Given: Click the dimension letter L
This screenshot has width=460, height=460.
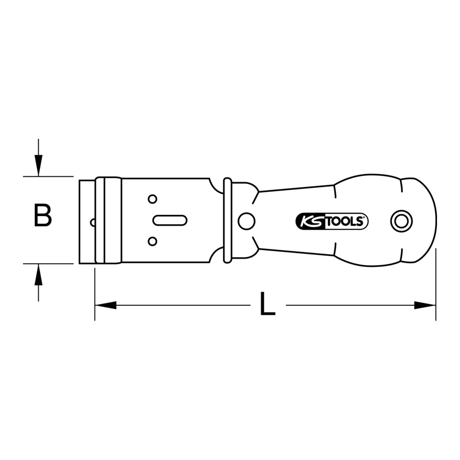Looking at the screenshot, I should (268, 304).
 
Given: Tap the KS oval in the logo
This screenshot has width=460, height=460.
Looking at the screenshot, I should (308, 221).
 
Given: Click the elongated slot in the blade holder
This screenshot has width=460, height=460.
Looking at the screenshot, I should (170, 220).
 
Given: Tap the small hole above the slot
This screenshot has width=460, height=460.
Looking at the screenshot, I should (153, 199).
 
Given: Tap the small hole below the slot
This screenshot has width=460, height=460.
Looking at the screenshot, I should (153, 241).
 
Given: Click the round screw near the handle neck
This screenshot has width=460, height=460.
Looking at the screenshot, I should (245, 220).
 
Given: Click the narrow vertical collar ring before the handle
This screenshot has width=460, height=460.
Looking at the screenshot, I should (227, 220).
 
